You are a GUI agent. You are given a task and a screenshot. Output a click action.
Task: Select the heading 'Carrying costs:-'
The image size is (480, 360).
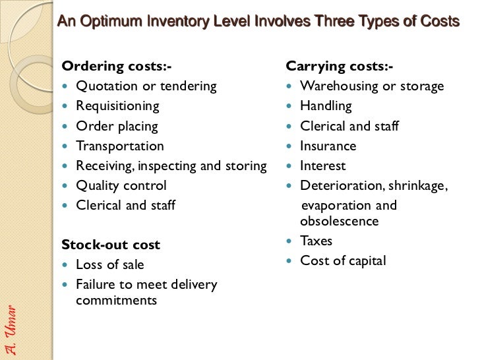(x=339, y=66)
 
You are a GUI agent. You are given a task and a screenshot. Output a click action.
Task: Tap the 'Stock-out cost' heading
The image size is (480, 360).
(x=110, y=245)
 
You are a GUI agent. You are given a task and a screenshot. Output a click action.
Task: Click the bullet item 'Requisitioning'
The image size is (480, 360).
(x=117, y=105)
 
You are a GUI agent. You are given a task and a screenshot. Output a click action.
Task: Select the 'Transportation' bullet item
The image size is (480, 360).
(x=119, y=146)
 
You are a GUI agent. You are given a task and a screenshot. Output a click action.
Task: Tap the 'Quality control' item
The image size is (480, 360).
(x=121, y=185)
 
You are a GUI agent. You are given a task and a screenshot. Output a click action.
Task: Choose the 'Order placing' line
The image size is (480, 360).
(x=117, y=126)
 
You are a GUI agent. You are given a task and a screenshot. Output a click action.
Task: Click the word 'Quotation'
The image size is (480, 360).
(x=104, y=86)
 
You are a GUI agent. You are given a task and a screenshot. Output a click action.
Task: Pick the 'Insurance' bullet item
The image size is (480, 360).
(x=328, y=146)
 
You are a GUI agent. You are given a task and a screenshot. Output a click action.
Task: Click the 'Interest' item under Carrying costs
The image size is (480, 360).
(x=322, y=165)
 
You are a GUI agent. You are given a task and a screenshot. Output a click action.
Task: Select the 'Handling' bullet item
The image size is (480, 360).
(x=326, y=105)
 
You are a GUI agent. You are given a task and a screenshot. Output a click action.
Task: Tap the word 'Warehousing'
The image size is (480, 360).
(x=337, y=86)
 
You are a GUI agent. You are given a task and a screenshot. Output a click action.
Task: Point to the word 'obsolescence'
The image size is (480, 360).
(x=339, y=221)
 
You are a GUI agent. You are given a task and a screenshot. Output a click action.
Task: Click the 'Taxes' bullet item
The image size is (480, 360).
(x=316, y=241)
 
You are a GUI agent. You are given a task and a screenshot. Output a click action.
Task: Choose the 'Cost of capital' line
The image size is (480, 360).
(x=343, y=260)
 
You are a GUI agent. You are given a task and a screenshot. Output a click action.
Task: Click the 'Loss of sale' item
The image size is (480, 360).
(x=109, y=264)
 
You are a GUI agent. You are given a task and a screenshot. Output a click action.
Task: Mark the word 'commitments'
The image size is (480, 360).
(x=116, y=300)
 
